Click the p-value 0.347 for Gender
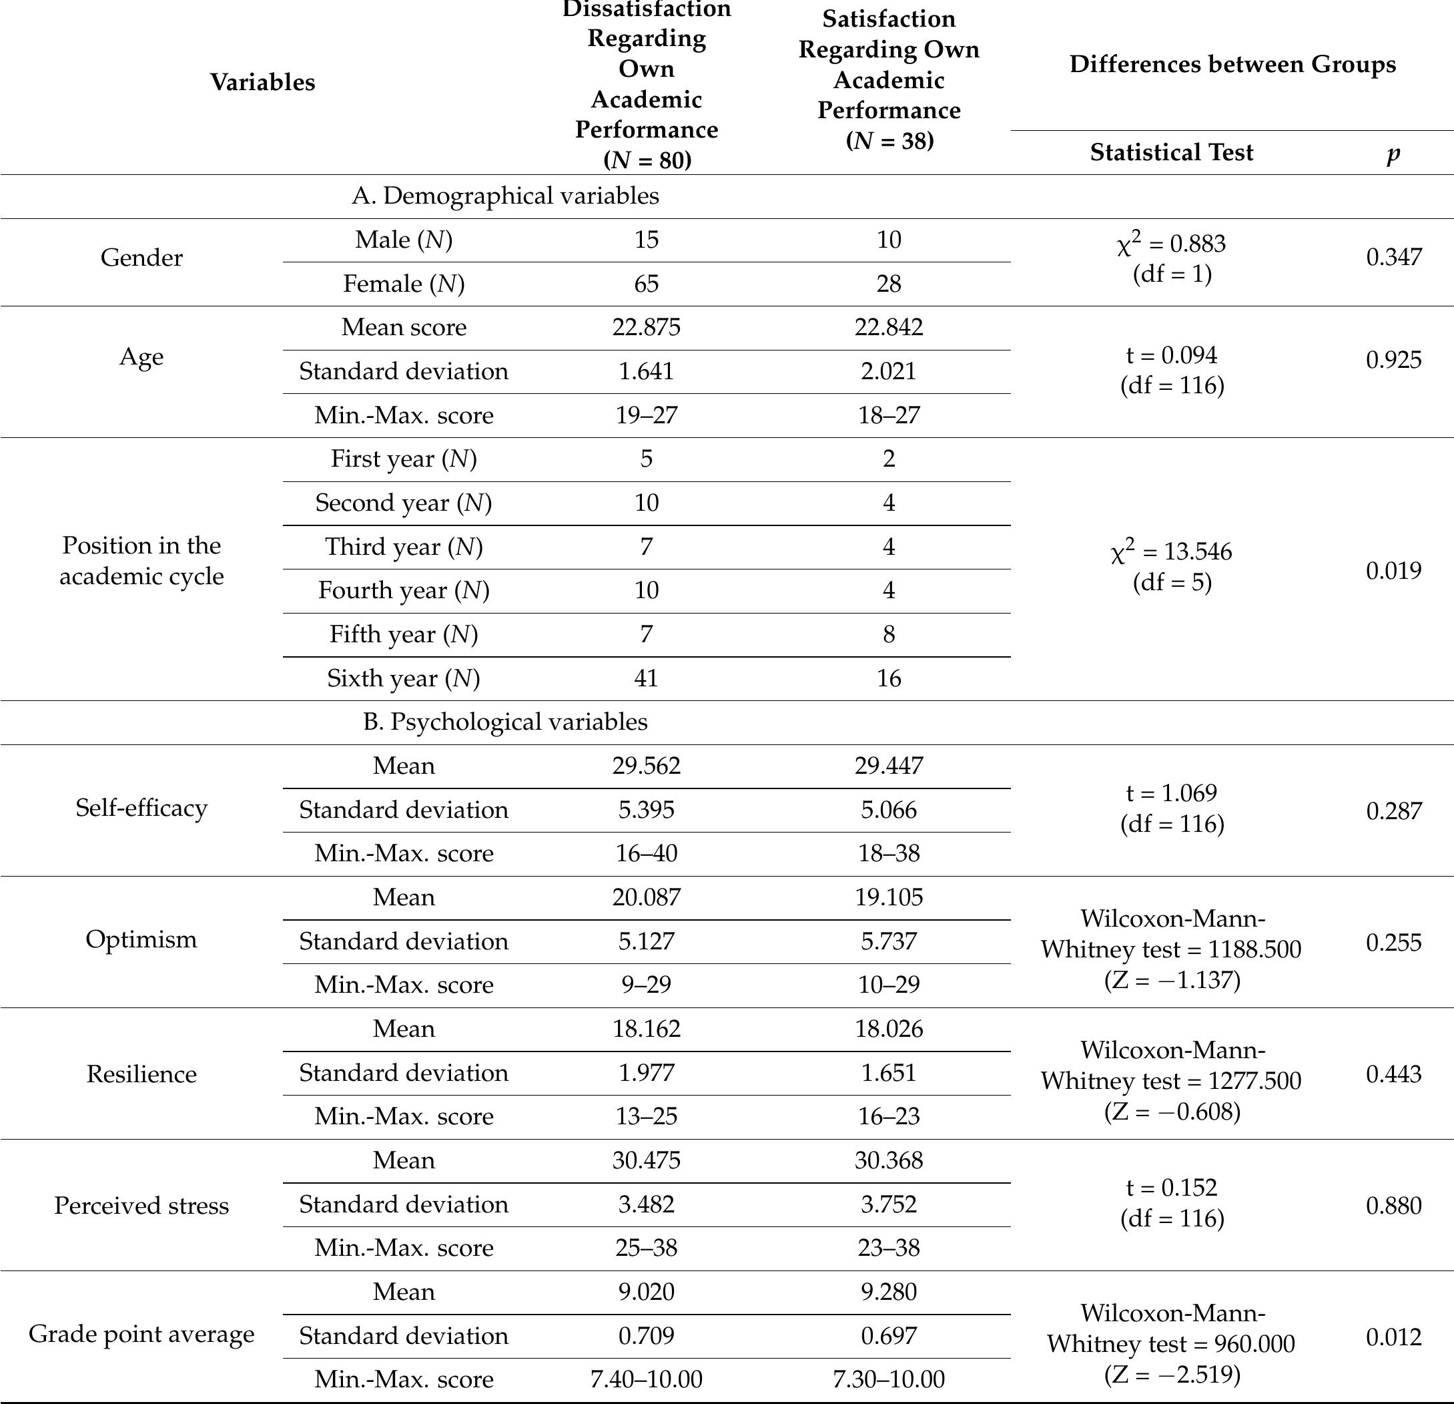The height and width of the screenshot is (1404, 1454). pos(1393,257)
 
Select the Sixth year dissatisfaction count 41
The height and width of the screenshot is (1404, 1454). pos(645,678)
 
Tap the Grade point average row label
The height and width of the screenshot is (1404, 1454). pos(141,1335)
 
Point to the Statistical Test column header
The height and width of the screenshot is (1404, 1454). pos(1170,152)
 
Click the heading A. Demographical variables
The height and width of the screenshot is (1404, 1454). pos(504,196)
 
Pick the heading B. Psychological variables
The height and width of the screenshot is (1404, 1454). pos(504,722)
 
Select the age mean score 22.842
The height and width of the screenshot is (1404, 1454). pos(888,327)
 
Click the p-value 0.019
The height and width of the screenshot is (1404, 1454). pos(1393,570)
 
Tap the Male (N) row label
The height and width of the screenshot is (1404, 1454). pos(404,240)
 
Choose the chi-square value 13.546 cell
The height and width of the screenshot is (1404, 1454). pos(1170,566)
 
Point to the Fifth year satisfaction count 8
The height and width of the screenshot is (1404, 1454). pos(888,634)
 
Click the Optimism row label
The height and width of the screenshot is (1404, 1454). pos(141,939)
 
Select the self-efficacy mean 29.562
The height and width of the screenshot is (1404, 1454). pos(645,766)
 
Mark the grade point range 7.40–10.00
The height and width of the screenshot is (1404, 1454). pos(645,1379)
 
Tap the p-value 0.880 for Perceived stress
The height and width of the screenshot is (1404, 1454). pos(1393,1205)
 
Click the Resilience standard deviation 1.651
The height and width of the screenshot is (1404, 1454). pos(888,1073)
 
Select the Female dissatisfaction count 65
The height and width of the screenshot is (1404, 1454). pos(645,284)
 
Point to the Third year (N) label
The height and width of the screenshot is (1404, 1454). pos(404,547)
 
